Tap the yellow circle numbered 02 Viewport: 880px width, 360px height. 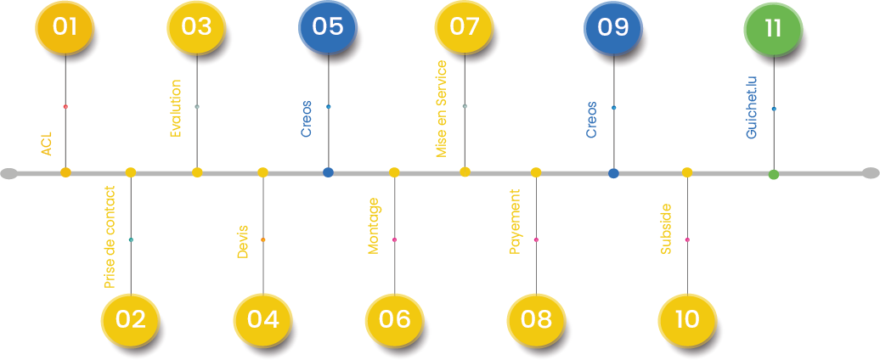click(130, 320)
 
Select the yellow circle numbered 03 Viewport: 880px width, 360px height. click(196, 26)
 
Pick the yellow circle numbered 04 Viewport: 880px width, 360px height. click(262, 320)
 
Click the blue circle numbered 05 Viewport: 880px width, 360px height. click(328, 26)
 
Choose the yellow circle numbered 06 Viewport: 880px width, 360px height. click(394, 320)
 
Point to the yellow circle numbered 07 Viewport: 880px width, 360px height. click(465, 26)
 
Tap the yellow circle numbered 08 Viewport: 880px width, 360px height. click(537, 320)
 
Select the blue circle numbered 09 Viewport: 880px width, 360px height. click(612, 26)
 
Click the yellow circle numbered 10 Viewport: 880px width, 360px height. click(686, 320)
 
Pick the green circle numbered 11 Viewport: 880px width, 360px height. click(772, 28)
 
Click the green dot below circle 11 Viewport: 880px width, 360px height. click(774, 175)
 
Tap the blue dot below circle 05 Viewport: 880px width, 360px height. click(328, 172)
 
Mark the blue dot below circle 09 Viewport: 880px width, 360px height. click(613, 173)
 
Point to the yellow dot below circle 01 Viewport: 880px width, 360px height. click(65, 172)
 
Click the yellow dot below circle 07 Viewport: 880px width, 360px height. click(465, 172)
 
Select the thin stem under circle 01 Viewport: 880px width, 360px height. click(65, 110)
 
